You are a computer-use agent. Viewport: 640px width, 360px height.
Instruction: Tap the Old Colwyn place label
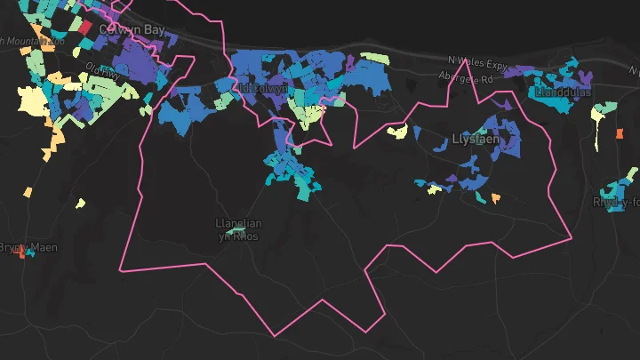[260, 89]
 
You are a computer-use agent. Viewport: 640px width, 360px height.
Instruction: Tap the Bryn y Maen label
[27, 246]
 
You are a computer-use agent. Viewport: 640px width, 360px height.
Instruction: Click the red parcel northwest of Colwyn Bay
[84, 28]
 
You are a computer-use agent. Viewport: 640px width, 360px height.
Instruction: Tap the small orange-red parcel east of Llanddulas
[620, 134]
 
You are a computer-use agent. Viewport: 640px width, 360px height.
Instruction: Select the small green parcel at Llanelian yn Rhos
[235, 232]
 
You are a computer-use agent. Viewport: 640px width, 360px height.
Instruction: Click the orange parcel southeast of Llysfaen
[496, 197]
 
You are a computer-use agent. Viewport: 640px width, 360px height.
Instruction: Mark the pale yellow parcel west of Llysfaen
[397, 132]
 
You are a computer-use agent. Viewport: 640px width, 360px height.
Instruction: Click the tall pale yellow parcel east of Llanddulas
[602, 114]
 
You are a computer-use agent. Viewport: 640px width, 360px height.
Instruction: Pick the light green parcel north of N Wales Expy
[376, 59]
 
